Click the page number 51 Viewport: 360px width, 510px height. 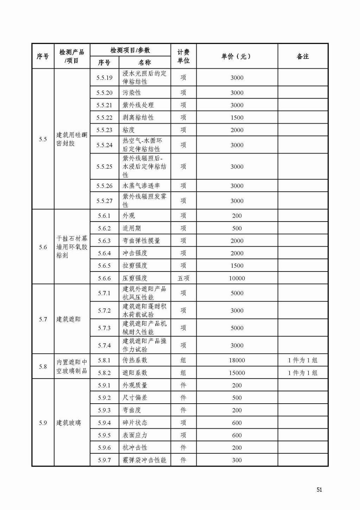point(319,490)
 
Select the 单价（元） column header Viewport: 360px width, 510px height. point(236,56)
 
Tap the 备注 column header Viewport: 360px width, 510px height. point(303,56)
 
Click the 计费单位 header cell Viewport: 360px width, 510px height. point(183,56)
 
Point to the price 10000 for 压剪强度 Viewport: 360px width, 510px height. point(237,278)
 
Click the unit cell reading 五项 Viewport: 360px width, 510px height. point(183,278)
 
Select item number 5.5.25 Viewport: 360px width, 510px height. point(104,167)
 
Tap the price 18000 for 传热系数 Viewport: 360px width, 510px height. point(237,360)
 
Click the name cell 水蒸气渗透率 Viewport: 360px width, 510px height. point(141,186)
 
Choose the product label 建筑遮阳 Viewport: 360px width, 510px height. point(69,319)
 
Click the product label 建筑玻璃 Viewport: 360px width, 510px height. point(69,423)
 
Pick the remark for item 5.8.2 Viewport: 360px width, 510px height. point(303,373)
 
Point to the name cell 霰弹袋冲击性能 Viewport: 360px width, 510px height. point(144,460)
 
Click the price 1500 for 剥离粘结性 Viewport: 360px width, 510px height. point(237,118)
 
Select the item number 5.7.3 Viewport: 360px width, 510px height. point(104,328)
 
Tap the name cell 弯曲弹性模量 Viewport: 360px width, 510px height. point(141,241)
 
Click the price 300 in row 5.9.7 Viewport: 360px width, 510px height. point(237,460)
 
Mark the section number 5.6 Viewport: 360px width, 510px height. point(43,247)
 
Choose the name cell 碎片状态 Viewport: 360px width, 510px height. point(135,423)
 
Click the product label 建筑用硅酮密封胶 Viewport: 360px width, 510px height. point(72,139)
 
